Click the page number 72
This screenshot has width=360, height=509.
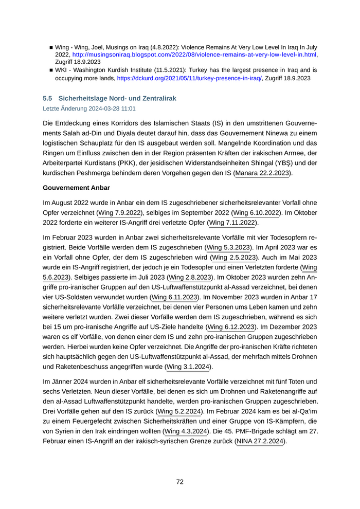(x=180, y=482)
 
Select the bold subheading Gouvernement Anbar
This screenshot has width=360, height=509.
(x=76, y=188)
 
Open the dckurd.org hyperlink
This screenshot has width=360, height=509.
(x=189, y=78)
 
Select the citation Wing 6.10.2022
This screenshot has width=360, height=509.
(x=257, y=212)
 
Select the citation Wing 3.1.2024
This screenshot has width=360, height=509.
(x=189, y=367)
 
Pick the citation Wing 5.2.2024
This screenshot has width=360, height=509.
(x=179, y=411)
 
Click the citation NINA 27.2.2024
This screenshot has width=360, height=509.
(x=260, y=441)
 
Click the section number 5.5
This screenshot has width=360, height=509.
(x=47, y=98)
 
